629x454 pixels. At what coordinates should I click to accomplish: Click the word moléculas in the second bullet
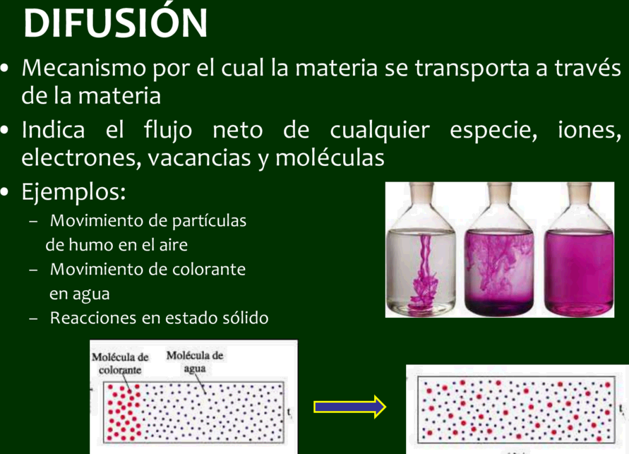point(330,157)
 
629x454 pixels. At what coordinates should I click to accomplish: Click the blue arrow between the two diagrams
point(350,407)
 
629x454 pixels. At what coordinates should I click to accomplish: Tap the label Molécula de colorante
point(120,364)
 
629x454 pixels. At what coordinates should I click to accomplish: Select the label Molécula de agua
point(195,362)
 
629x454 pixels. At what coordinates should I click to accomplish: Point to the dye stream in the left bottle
point(423,273)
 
